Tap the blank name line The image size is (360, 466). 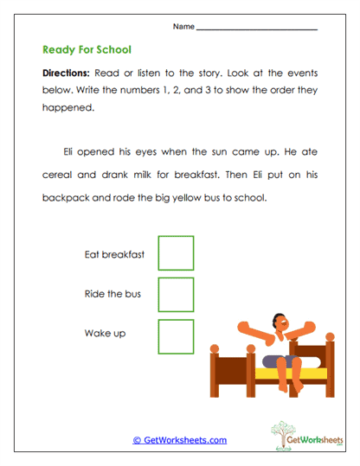[x=257, y=29]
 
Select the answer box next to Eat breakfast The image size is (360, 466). [x=176, y=253]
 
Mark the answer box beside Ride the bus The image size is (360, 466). [x=176, y=295]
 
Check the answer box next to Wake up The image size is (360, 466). [x=176, y=336]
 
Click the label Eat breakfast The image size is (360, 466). [x=114, y=254]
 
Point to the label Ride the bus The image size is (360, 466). [x=112, y=294]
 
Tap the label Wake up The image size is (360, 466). [x=105, y=333]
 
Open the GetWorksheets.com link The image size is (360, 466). [x=179, y=440]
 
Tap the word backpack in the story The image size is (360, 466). [x=64, y=197]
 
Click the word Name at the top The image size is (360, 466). [x=183, y=27]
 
